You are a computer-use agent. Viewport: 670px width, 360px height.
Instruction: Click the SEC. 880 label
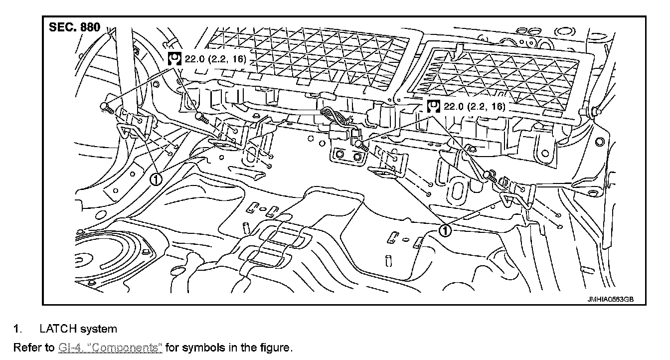pos(74,27)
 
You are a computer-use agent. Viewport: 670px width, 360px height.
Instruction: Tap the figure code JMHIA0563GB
pos(610,299)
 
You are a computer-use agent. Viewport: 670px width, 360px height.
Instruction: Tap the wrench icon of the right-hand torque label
pos(434,106)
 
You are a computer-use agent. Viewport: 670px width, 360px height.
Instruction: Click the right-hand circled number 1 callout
pos(445,230)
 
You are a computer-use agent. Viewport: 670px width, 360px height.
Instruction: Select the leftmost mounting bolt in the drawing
pos(105,107)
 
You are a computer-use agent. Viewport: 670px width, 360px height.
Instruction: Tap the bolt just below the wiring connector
pos(361,145)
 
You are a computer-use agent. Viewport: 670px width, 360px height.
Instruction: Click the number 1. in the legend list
pos(17,329)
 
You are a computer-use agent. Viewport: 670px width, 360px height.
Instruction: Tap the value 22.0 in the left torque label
pos(194,59)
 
